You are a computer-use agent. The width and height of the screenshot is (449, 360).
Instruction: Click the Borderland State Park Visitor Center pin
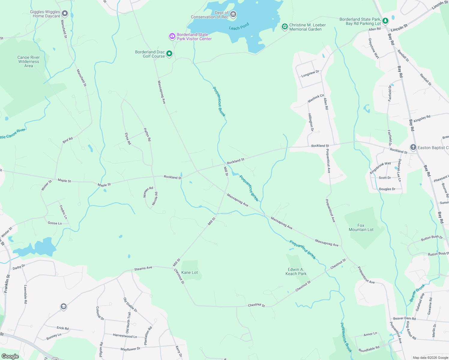click(x=172, y=36)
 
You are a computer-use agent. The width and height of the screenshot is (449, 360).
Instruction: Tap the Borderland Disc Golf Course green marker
click(x=169, y=54)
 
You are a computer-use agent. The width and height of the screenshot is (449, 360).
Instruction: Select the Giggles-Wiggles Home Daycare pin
click(x=65, y=13)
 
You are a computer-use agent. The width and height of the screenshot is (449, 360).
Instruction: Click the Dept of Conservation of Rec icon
click(x=233, y=14)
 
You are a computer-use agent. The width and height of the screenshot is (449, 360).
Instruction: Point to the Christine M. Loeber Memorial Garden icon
click(x=285, y=27)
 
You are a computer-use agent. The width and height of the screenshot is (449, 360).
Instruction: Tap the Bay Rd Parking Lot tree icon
click(x=385, y=21)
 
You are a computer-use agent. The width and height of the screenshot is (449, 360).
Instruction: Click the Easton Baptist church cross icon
click(x=413, y=147)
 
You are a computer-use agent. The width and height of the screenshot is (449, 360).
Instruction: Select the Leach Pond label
click(x=239, y=26)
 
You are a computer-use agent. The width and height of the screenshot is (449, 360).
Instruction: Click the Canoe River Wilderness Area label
click(x=29, y=61)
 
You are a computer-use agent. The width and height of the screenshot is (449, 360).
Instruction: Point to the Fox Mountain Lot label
click(x=361, y=227)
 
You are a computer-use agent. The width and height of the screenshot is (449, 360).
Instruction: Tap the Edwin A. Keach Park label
click(x=296, y=271)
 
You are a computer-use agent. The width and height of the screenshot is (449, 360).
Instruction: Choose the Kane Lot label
click(x=190, y=272)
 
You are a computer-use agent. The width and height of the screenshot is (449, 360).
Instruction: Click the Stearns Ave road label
click(x=143, y=268)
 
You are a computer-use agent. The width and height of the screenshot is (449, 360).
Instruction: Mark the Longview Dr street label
click(x=310, y=74)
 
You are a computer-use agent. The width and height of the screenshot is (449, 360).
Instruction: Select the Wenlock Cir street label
click(x=316, y=98)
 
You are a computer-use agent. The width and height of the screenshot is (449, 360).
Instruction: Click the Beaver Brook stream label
click(x=417, y=293)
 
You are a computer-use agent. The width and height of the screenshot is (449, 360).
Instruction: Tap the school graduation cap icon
click(x=63, y=306)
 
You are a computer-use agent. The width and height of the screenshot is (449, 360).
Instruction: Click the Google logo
click(x=10, y=356)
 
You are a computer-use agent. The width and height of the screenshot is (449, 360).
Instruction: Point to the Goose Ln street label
click(x=55, y=223)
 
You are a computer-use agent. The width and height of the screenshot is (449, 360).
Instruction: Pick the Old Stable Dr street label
click(x=130, y=305)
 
